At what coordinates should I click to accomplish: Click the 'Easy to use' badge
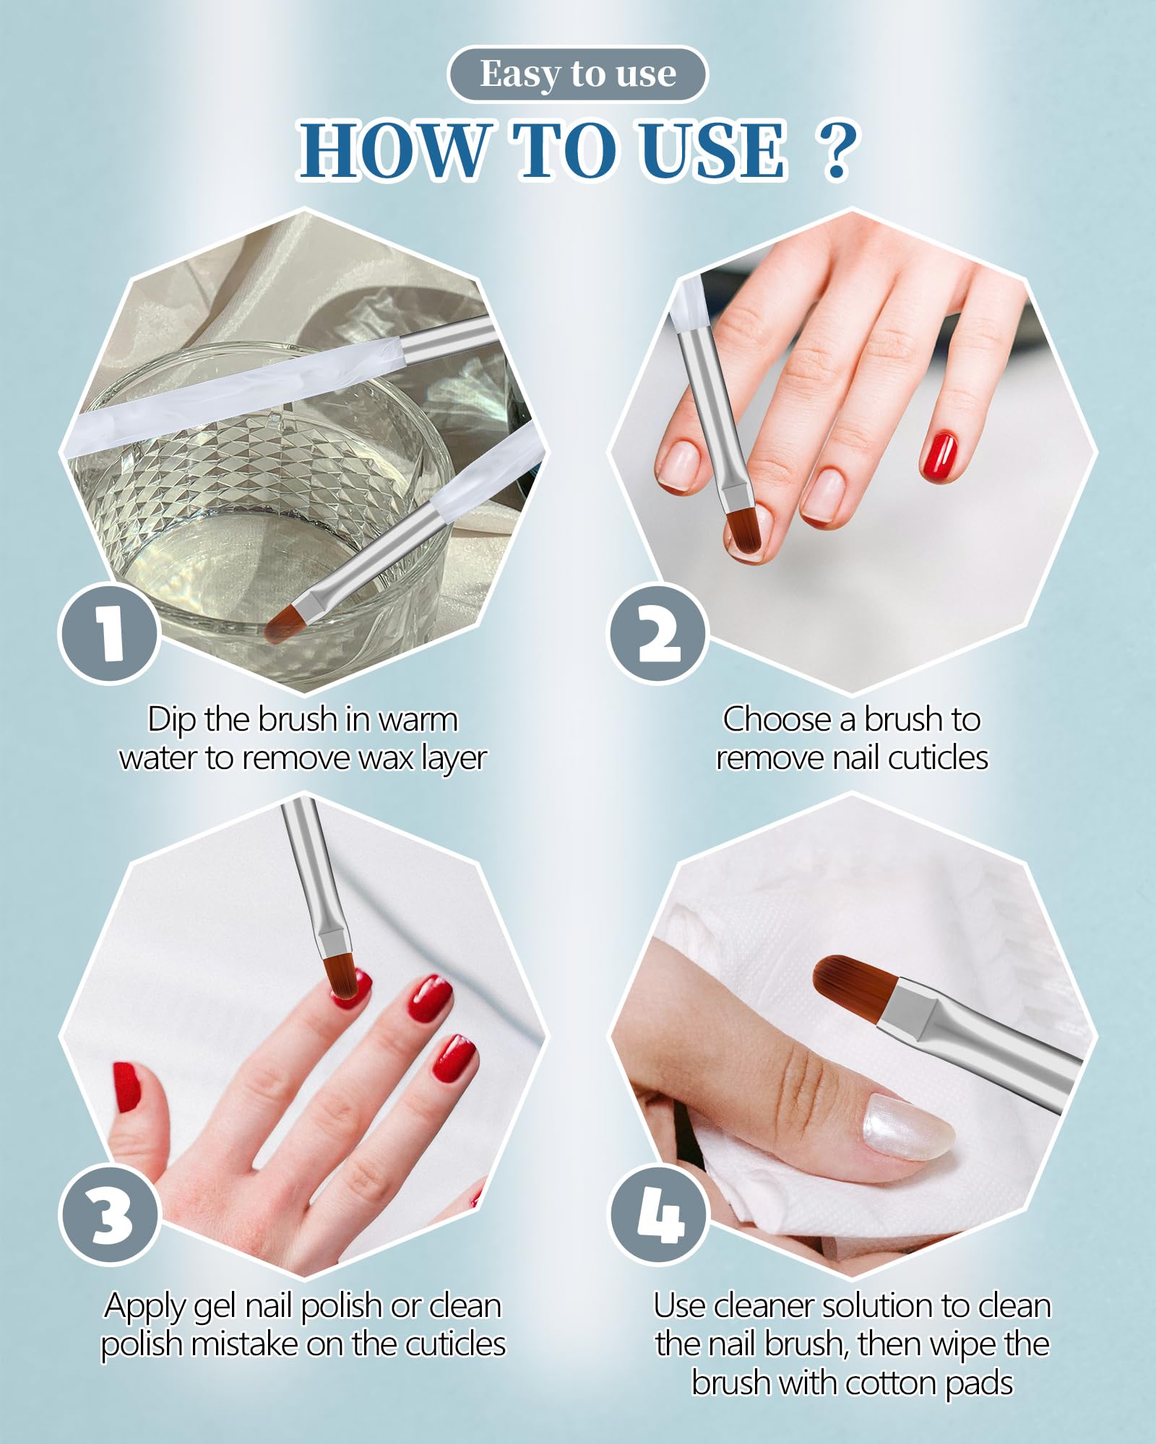click(x=577, y=74)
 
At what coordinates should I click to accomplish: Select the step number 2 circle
click(x=658, y=633)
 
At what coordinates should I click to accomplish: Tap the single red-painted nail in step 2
click(x=939, y=456)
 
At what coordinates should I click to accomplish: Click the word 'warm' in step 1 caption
click(x=417, y=721)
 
